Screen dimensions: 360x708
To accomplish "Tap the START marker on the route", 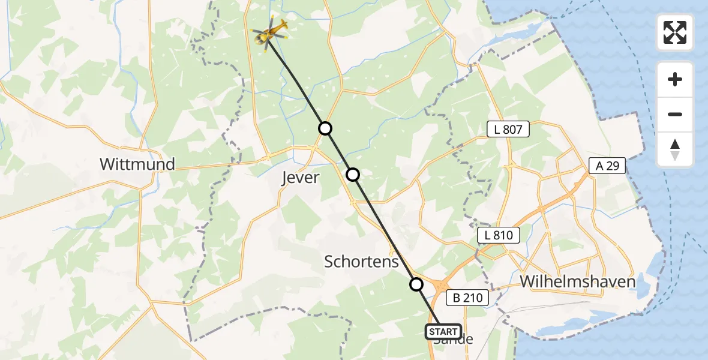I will [x=443, y=331].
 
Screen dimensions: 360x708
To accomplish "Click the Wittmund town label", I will [x=137, y=164].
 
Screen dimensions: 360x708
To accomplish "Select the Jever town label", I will [x=301, y=178].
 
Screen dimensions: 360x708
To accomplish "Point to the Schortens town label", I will [x=361, y=262].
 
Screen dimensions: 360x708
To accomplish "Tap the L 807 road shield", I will [x=508, y=129].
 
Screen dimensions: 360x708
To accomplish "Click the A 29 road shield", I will [x=608, y=166].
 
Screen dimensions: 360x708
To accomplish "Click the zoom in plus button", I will [x=675, y=79].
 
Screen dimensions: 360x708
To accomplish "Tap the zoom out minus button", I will [x=675, y=114].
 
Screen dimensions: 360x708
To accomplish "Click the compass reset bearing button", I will [x=675, y=149].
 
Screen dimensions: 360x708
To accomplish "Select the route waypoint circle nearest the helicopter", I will [x=325, y=128].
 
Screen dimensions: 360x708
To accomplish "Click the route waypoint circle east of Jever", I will [x=353, y=175].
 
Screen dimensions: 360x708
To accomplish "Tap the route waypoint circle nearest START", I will [x=416, y=284].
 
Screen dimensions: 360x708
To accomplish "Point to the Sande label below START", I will [x=453, y=340].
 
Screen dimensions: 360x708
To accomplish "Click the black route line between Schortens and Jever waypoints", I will [x=385, y=229].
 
